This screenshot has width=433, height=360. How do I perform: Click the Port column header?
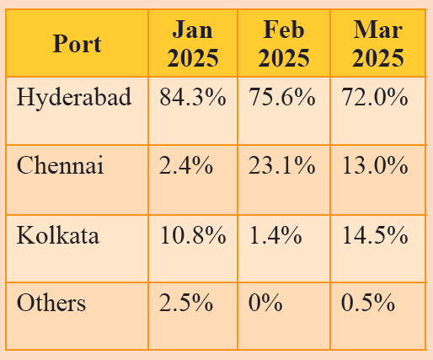tap(78, 44)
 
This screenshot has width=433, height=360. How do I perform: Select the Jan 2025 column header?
tap(193, 44)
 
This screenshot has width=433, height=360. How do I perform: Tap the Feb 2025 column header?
tap(284, 44)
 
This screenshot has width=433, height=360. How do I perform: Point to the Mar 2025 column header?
tap(378, 44)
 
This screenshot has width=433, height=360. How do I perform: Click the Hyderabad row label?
tap(74, 98)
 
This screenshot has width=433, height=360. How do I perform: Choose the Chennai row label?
tap(60, 165)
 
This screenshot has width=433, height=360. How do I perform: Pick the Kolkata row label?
tap(58, 234)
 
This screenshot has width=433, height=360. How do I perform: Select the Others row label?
tap(51, 303)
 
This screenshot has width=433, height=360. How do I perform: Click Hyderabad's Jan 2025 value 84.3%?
tap(193, 97)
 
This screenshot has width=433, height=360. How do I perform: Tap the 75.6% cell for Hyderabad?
tap(281, 97)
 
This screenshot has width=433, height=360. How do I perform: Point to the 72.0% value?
tap(375, 97)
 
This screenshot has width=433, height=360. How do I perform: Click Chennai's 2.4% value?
tap(186, 165)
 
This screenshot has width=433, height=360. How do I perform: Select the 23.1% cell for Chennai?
tap(281, 165)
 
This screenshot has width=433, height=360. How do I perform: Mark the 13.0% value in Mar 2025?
tap(375, 165)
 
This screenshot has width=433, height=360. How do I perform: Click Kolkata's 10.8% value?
tap(193, 234)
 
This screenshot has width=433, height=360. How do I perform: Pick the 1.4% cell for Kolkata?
tap(275, 234)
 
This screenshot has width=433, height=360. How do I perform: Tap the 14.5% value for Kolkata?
tap(375, 234)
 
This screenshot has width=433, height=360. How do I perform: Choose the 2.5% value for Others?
tap(186, 303)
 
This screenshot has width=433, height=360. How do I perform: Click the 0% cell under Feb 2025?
tap(265, 303)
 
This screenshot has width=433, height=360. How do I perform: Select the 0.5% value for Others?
tap(368, 303)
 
